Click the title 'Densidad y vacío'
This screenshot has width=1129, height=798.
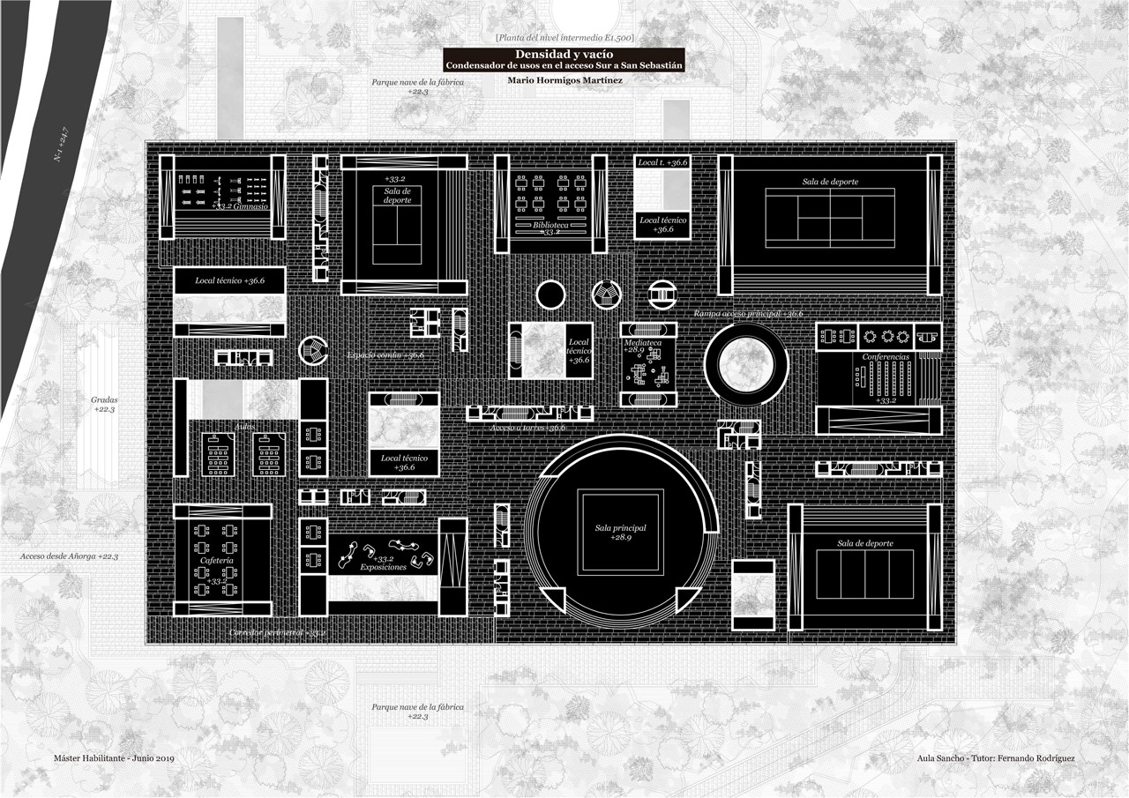[x=564, y=55]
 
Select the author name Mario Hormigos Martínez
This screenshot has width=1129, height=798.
[x=564, y=80]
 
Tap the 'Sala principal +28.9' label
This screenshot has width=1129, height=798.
[x=620, y=532]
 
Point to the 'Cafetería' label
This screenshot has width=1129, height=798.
[x=217, y=561]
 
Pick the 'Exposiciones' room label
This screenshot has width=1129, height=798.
[x=383, y=567]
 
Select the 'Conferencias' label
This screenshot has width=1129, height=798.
[x=885, y=357]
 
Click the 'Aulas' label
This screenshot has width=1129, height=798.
[x=244, y=427]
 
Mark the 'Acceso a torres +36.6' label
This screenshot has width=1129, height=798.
[x=528, y=428]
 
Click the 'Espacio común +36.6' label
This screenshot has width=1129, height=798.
[x=385, y=354]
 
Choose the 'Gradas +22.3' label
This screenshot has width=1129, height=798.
[x=104, y=405]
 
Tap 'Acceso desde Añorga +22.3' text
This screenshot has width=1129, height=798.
[x=70, y=556]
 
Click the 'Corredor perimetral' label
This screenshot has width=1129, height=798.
[x=277, y=633]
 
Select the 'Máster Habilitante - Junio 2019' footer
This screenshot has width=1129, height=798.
[x=114, y=758]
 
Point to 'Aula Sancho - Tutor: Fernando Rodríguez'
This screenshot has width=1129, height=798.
[x=995, y=758]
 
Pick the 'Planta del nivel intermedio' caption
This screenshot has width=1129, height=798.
[x=564, y=37]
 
